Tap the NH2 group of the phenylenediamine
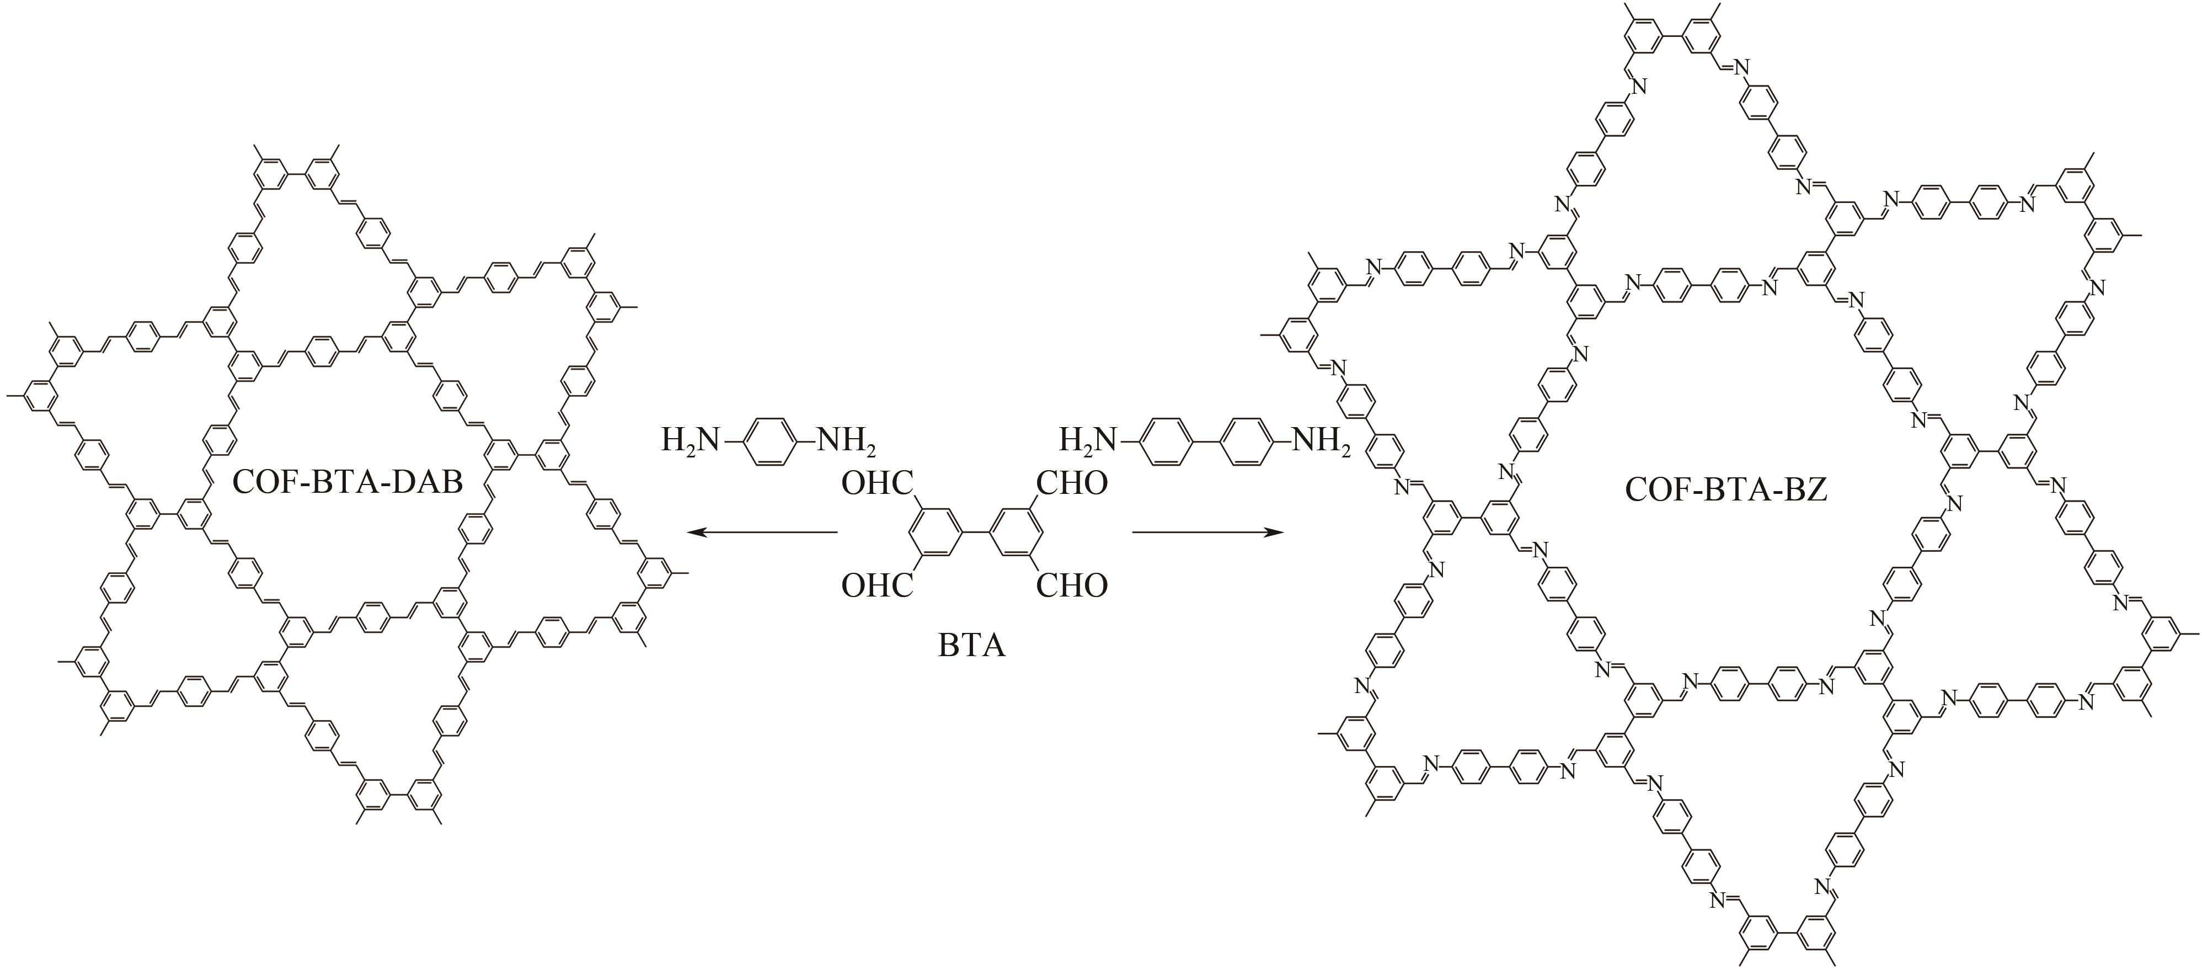point(846,441)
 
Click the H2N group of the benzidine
point(1087,441)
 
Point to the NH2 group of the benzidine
point(1320,441)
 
